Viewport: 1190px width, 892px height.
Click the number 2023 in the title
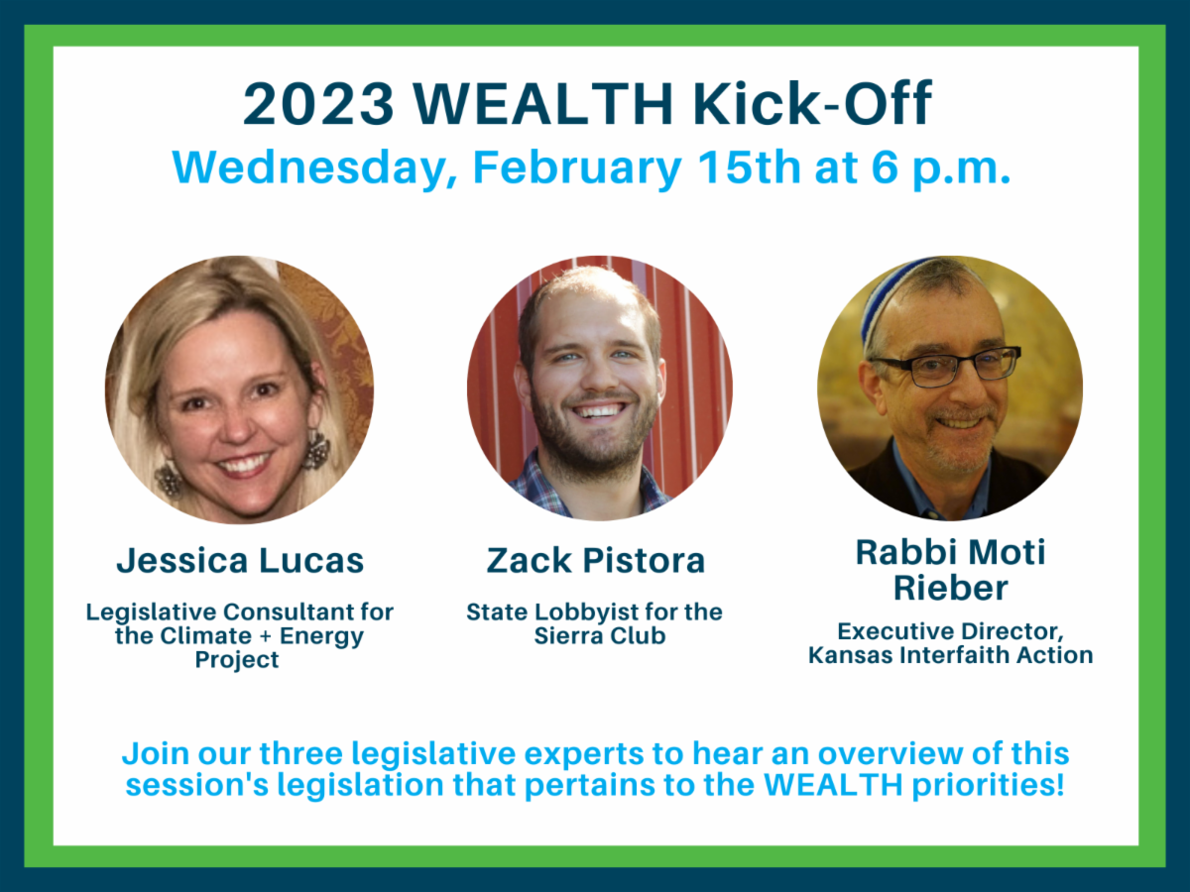click(318, 103)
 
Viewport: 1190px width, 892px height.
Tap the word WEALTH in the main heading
click(543, 103)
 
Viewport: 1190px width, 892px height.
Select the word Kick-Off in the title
click(811, 103)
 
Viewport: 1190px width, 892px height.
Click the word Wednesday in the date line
click(315, 168)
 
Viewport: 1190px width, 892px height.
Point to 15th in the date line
click(748, 167)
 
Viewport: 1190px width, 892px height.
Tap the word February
click(577, 168)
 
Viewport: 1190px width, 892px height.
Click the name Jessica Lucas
click(240, 560)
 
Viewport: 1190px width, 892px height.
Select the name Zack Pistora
click(596, 560)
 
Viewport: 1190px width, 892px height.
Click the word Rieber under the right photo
click(950, 588)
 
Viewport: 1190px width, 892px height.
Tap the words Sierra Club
click(600, 636)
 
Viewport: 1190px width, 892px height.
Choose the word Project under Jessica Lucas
click(237, 660)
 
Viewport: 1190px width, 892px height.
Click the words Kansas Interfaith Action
click(950, 655)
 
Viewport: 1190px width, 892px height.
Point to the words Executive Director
click(950, 631)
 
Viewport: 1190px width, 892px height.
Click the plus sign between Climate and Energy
click(266, 636)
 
